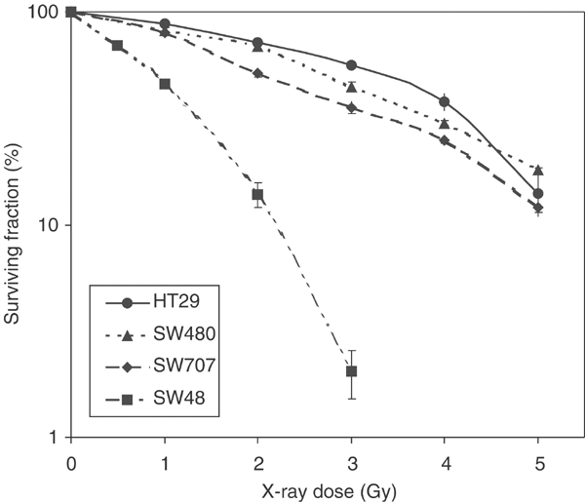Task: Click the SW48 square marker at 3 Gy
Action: [351, 371]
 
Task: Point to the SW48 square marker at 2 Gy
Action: [257, 194]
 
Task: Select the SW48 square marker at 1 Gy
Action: [165, 84]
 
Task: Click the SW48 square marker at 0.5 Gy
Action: [117, 46]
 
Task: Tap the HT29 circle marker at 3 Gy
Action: [351, 65]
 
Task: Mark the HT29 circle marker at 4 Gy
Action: [445, 101]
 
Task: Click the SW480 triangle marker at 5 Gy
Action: [538, 170]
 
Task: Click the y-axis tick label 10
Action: [47, 225]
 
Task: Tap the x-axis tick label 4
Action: [445, 457]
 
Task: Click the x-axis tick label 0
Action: [70, 457]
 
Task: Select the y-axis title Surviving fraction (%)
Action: [14, 224]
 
